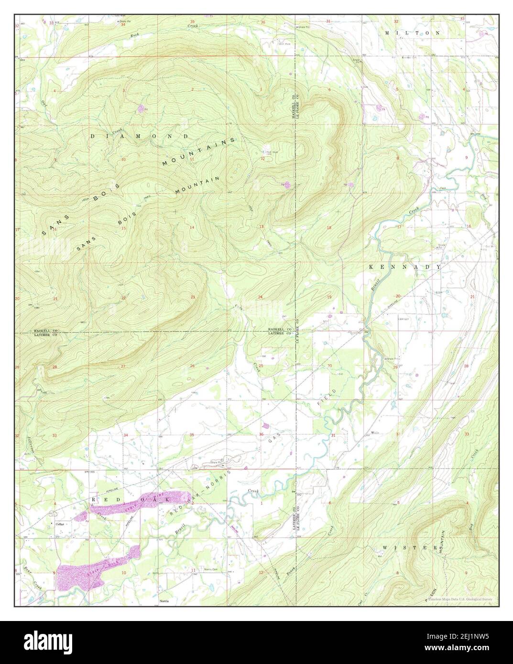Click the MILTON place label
[x=413, y=33]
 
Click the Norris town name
[x=164, y=598]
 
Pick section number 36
[x=261, y=434]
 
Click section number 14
[x=191, y=227]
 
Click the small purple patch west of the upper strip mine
[x=81, y=516]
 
